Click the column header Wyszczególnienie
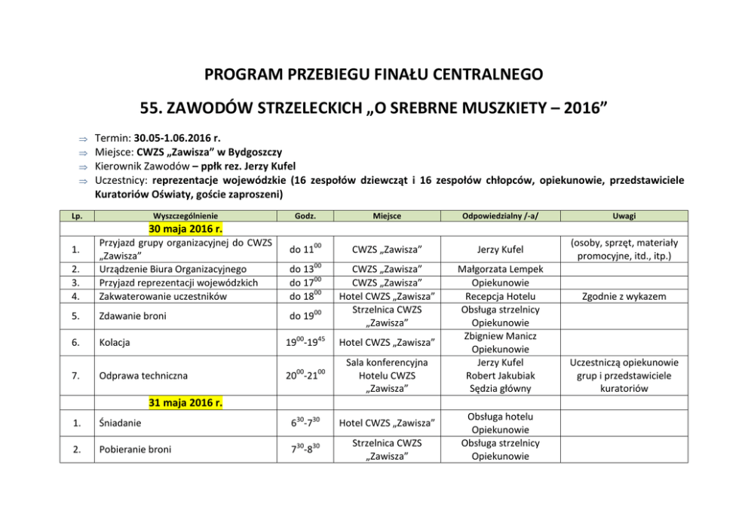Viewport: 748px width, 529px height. coord(185,216)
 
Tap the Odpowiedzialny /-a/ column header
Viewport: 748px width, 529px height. coord(500,216)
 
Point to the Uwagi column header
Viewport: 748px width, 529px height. coord(624,216)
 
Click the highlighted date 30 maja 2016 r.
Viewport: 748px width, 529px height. coord(185,229)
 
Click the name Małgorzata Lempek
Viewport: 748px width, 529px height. coord(500,269)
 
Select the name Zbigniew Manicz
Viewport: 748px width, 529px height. coord(500,335)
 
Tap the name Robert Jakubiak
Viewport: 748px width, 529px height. coord(500,375)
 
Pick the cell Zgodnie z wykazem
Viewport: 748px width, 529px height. coord(624,296)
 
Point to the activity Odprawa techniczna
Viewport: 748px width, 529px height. coord(142,375)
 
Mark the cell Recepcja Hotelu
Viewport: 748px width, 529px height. coord(500,296)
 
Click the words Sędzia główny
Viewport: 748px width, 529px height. coord(500,389)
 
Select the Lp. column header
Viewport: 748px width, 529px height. coord(77,216)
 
